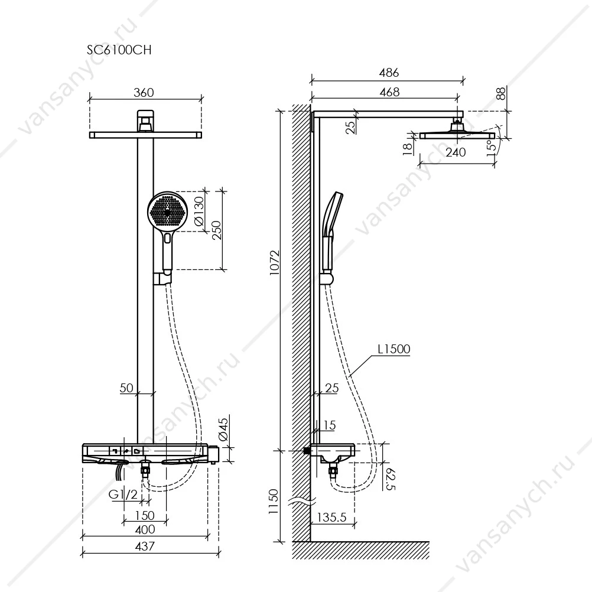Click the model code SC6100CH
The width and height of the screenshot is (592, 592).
coord(119,50)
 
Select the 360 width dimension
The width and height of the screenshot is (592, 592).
coord(144,93)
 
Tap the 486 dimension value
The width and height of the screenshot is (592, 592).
coord(389,73)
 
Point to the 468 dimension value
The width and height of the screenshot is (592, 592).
coord(389,92)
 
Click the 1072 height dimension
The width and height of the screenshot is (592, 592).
coord(275,263)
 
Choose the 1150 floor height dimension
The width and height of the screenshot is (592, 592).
coord(274,502)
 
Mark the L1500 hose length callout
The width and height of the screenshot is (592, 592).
coord(394,349)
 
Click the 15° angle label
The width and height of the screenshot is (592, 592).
coord(492,145)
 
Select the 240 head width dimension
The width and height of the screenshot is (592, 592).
coord(456,152)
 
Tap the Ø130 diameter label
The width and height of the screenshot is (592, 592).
coord(199,211)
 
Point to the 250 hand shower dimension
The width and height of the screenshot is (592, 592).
coord(217,230)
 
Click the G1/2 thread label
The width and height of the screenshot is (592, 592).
coord(123,494)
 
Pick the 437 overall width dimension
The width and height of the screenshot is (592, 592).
coord(145,546)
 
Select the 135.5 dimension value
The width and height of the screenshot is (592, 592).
coord(331,517)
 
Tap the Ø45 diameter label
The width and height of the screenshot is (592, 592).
coord(223,430)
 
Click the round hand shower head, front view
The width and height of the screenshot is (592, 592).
coord(167,212)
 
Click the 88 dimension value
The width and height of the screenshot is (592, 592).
coord(500,93)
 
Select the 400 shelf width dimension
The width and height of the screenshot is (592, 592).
coord(145,529)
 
